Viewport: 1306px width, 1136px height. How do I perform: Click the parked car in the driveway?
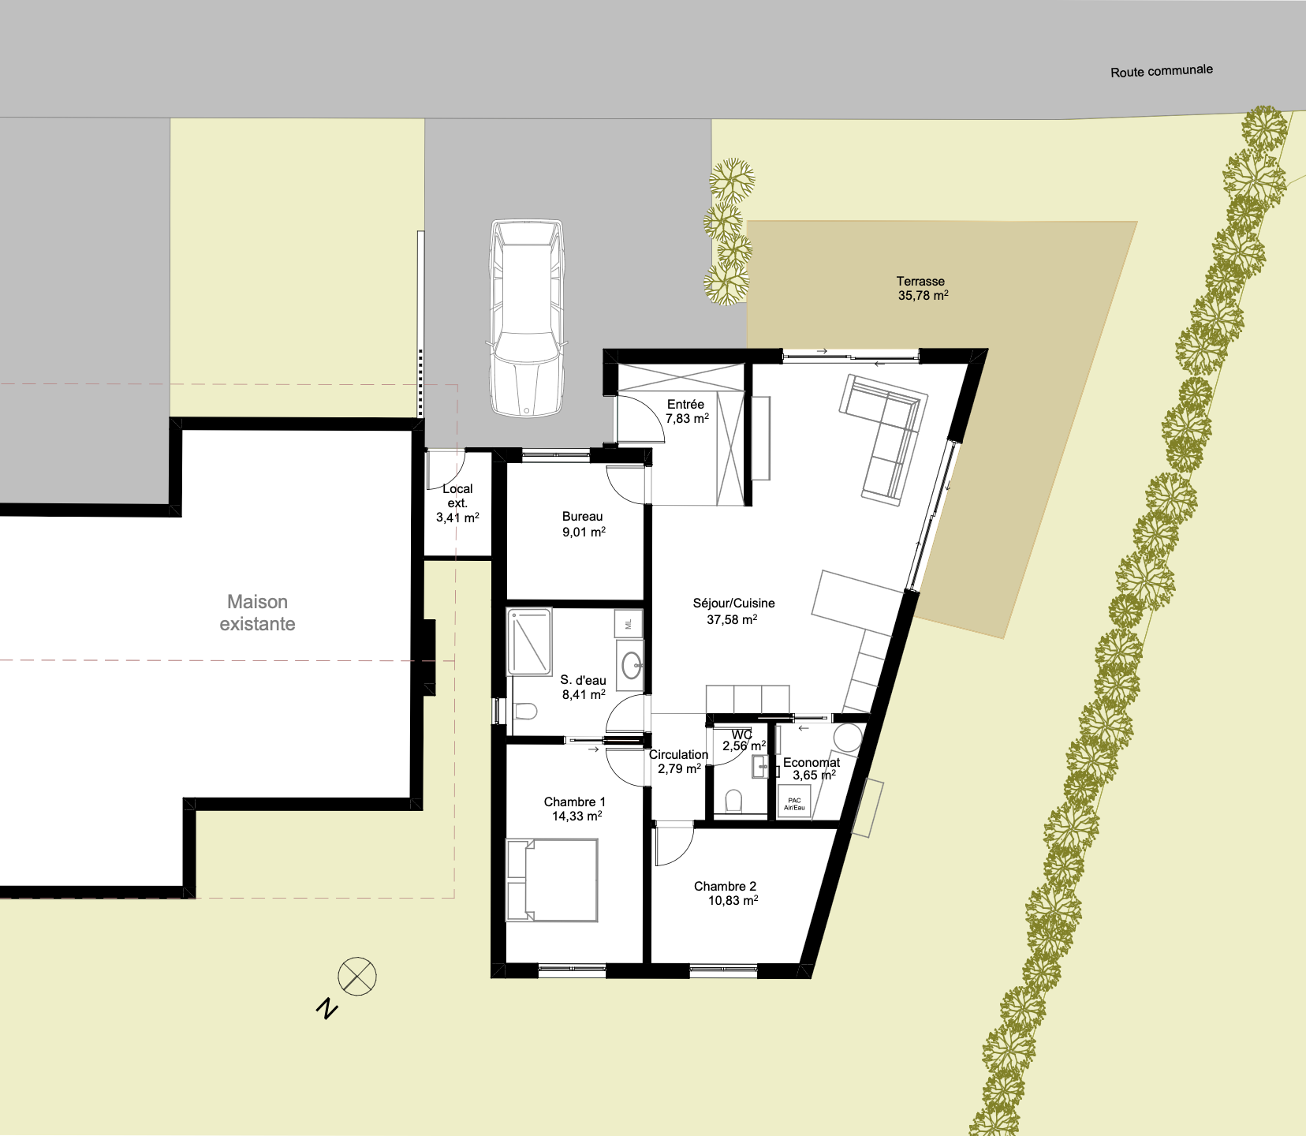click(527, 318)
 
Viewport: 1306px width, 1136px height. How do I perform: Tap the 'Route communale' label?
click(1162, 71)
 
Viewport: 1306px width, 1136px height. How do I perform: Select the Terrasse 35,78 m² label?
click(922, 289)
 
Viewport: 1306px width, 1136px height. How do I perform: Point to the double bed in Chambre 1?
click(551, 880)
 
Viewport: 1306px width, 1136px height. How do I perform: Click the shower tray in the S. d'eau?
click(529, 641)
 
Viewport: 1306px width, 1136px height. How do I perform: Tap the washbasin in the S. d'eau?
click(632, 665)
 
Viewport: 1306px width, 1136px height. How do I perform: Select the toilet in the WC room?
click(733, 802)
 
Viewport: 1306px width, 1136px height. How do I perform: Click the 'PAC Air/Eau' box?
click(794, 802)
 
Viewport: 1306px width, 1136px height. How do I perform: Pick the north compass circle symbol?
click(357, 977)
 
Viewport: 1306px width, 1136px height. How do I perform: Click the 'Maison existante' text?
click(257, 613)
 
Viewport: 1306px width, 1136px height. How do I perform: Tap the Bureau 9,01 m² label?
click(584, 525)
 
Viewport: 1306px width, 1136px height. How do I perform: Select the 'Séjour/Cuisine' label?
click(733, 603)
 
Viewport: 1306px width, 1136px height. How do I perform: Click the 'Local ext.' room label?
click(457, 496)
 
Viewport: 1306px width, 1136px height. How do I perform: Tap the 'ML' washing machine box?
click(629, 624)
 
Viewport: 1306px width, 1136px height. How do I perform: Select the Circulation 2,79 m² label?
click(678, 762)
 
